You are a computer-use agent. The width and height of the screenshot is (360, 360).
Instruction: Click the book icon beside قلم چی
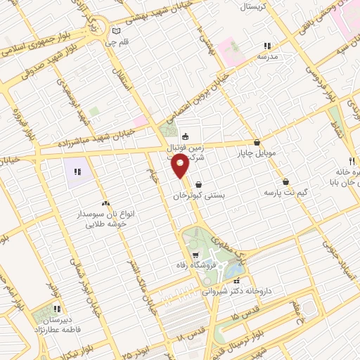pos(117,31)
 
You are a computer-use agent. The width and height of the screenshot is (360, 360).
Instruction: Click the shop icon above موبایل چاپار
pos(257,141)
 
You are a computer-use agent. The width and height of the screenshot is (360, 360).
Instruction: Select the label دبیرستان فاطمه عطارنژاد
pos(56,323)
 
